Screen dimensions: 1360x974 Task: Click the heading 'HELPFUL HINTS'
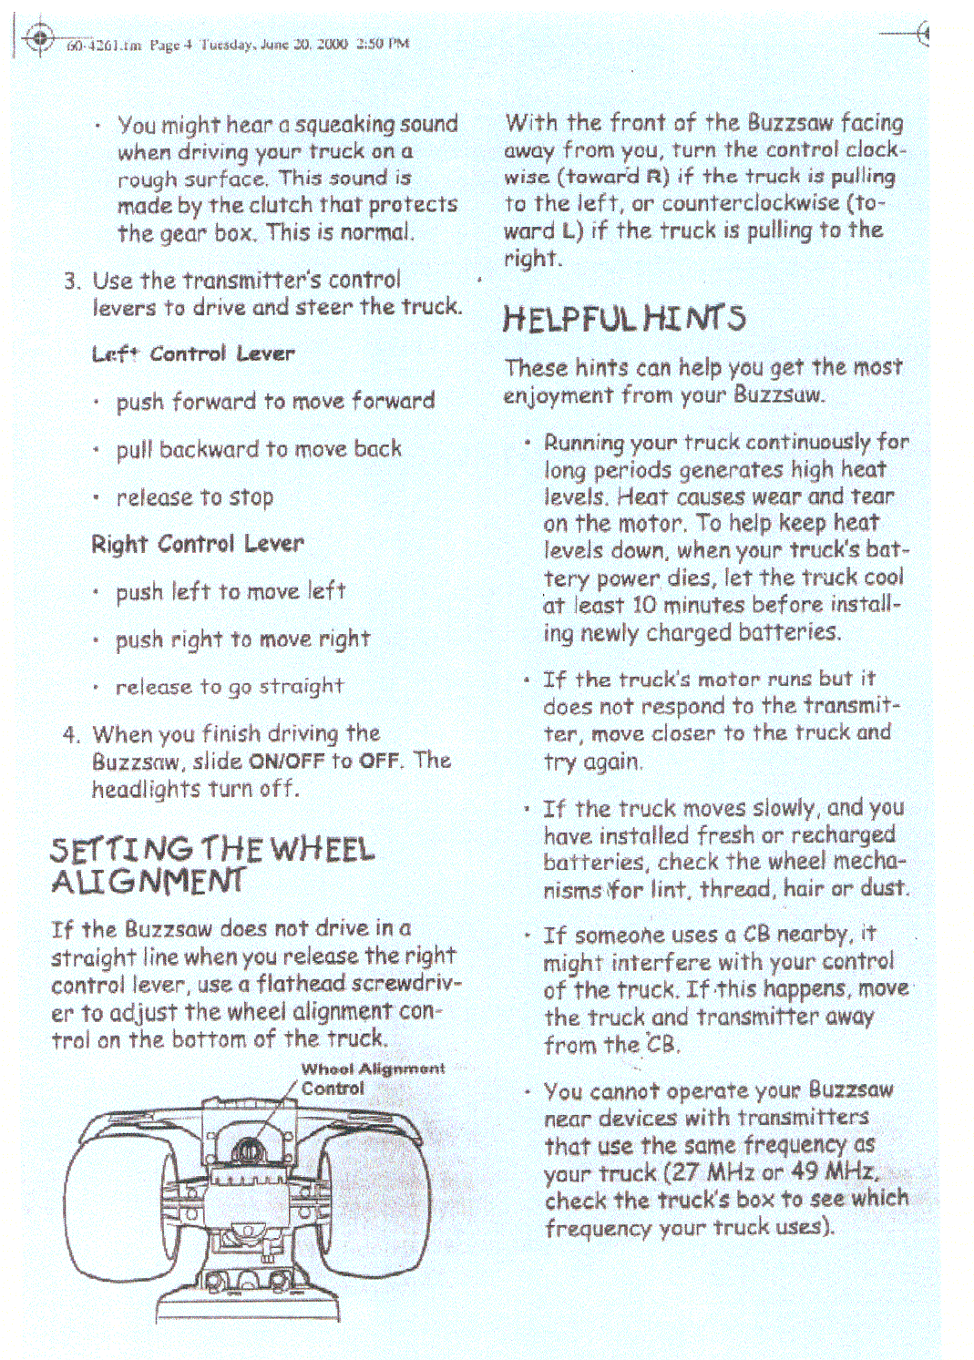click(x=624, y=317)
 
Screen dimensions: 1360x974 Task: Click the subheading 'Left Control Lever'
click(x=193, y=353)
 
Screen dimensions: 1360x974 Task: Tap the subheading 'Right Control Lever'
click(x=197, y=544)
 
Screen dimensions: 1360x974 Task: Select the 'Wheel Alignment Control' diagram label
click(x=373, y=1078)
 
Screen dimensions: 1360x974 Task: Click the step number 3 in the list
click(x=72, y=281)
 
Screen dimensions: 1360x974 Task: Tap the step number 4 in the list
click(x=72, y=734)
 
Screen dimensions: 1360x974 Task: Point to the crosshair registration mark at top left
click(x=39, y=38)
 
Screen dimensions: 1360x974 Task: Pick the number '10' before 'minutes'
click(x=644, y=605)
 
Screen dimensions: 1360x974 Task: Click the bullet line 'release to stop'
click(x=195, y=497)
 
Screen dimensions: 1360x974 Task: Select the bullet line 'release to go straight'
click(x=230, y=687)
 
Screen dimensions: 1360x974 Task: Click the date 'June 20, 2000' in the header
click(x=308, y=44)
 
